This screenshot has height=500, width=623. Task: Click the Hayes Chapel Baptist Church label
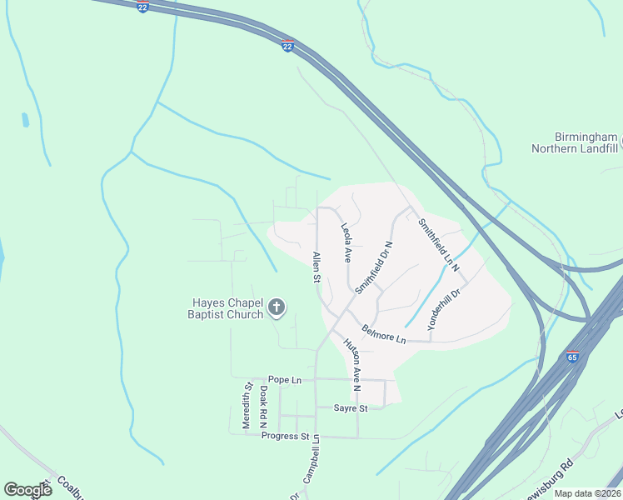tap(227, 308)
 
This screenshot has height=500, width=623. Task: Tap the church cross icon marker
tap(277, 309)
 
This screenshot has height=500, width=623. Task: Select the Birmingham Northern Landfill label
tap(575, 142)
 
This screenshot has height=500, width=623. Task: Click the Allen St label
tap(316, 267)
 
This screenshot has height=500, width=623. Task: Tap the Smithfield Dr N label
tap(373, 267)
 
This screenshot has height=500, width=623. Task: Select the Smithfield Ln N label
tap(439, 243)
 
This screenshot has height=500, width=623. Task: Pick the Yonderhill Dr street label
tap(444, 311)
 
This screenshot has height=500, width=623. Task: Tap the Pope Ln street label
tap(284, 380)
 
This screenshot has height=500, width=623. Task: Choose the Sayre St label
tap(351, 408)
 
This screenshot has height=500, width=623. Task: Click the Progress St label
tap(285, 436)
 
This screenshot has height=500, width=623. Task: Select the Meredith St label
tap(247, 406)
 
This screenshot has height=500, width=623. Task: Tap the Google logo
tap(27, 490)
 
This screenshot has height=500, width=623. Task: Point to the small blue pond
tap(26, 120)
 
